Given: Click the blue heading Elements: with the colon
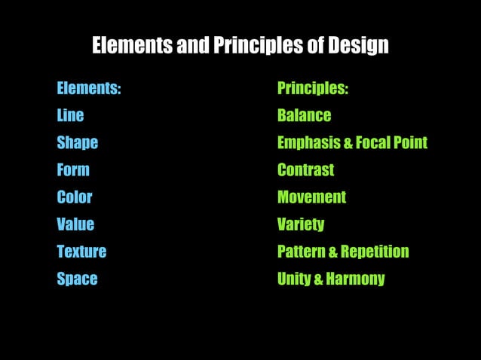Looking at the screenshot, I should pos(88,89).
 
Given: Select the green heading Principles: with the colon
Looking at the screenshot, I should pos(312,89).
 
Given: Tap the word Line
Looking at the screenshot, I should pos(70,116).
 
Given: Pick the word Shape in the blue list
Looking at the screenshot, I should pos(77,143).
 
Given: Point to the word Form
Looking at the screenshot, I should pos(72,170).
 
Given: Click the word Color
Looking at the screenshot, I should pos(74,197).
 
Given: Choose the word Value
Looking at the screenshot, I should pos(75,224).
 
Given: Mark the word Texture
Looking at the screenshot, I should pos(81,252).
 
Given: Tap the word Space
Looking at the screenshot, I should pos(77,279).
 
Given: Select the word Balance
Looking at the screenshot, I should pos(304,116).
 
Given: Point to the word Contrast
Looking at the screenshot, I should pos(305,170).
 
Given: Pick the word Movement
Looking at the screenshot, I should pos(311,197).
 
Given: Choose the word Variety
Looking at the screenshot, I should pos(301,224).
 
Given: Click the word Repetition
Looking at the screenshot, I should pos(375,252).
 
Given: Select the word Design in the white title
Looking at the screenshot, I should pos(358,47).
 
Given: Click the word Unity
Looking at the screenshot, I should pos(293,279).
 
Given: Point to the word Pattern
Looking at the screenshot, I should pos(301,252).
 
